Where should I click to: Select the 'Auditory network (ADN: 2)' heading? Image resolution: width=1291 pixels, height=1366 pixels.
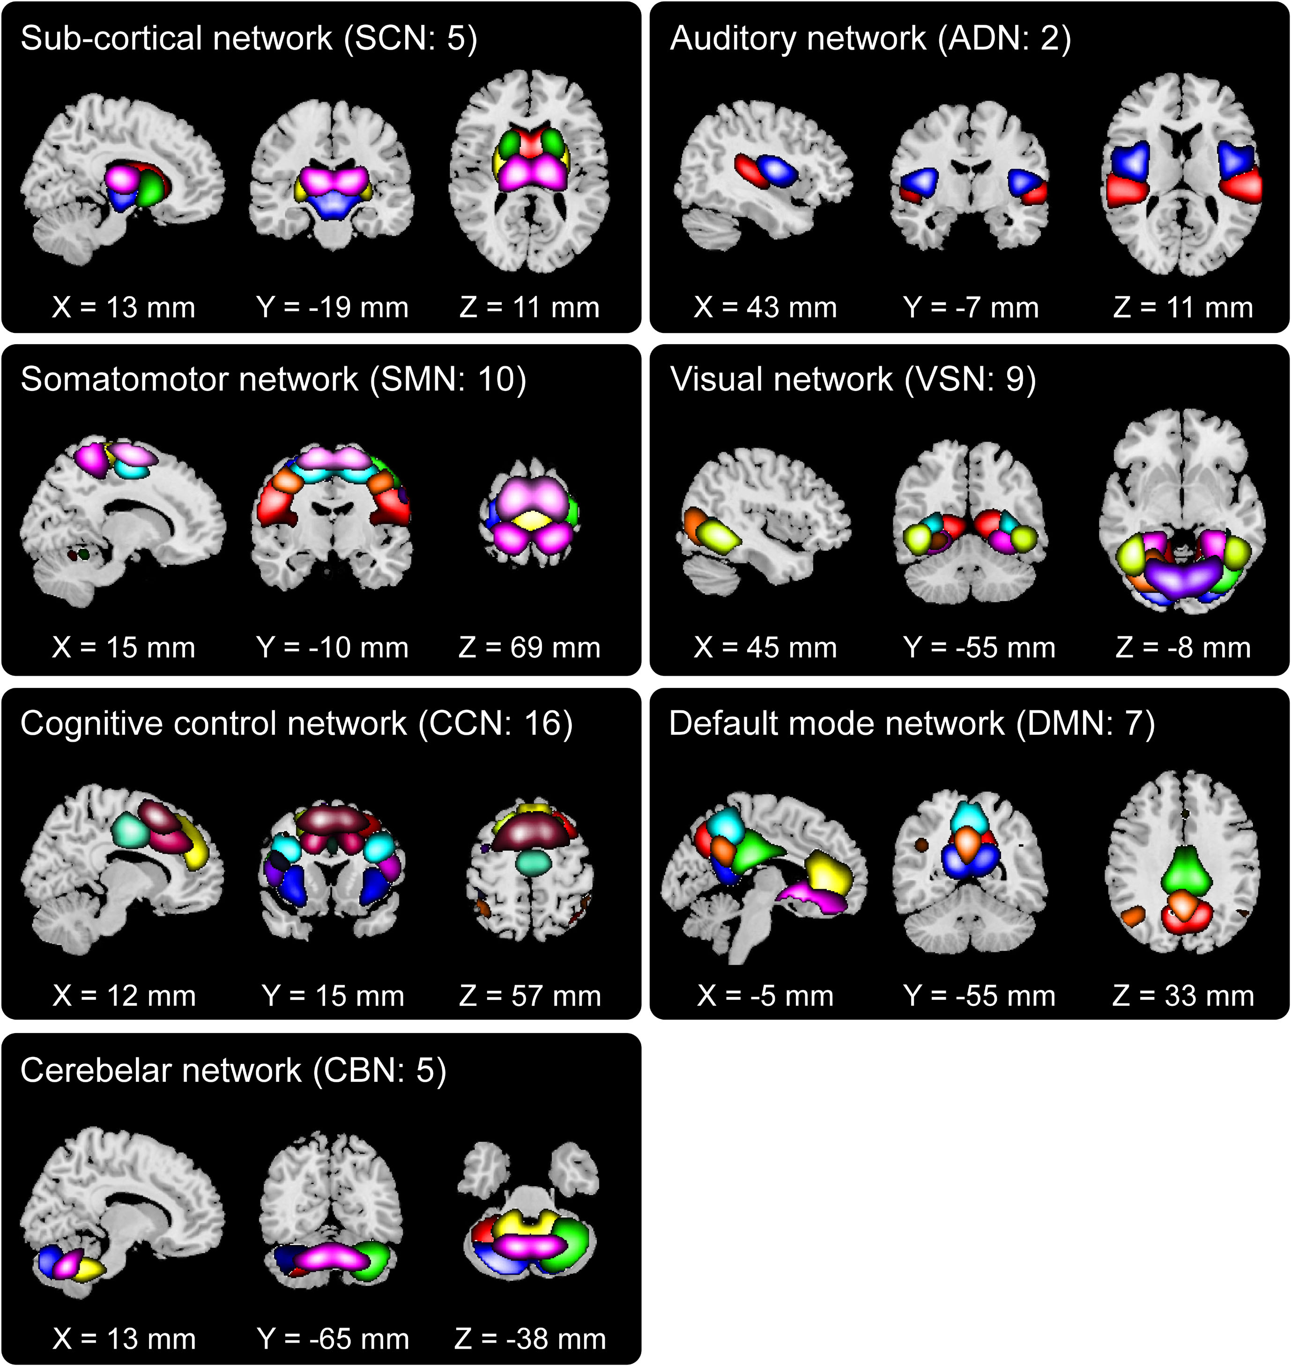(870, 38)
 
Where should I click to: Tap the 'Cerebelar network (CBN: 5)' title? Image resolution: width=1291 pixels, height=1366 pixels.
(233, 1070)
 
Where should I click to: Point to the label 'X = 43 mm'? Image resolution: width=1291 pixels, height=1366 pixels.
(765, 308)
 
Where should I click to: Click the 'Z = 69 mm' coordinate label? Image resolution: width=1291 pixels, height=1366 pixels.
(529, 647)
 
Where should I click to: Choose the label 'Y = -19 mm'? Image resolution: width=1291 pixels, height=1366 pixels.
(333, 308)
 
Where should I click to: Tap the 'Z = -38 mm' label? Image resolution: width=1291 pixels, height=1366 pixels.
(530, 1338)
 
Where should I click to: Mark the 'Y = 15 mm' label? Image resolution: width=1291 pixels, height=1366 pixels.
(333, 995)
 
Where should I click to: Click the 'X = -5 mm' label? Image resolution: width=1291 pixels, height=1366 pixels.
(765, 995)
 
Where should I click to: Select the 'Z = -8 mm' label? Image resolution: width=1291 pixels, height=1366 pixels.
(1183, 647)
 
